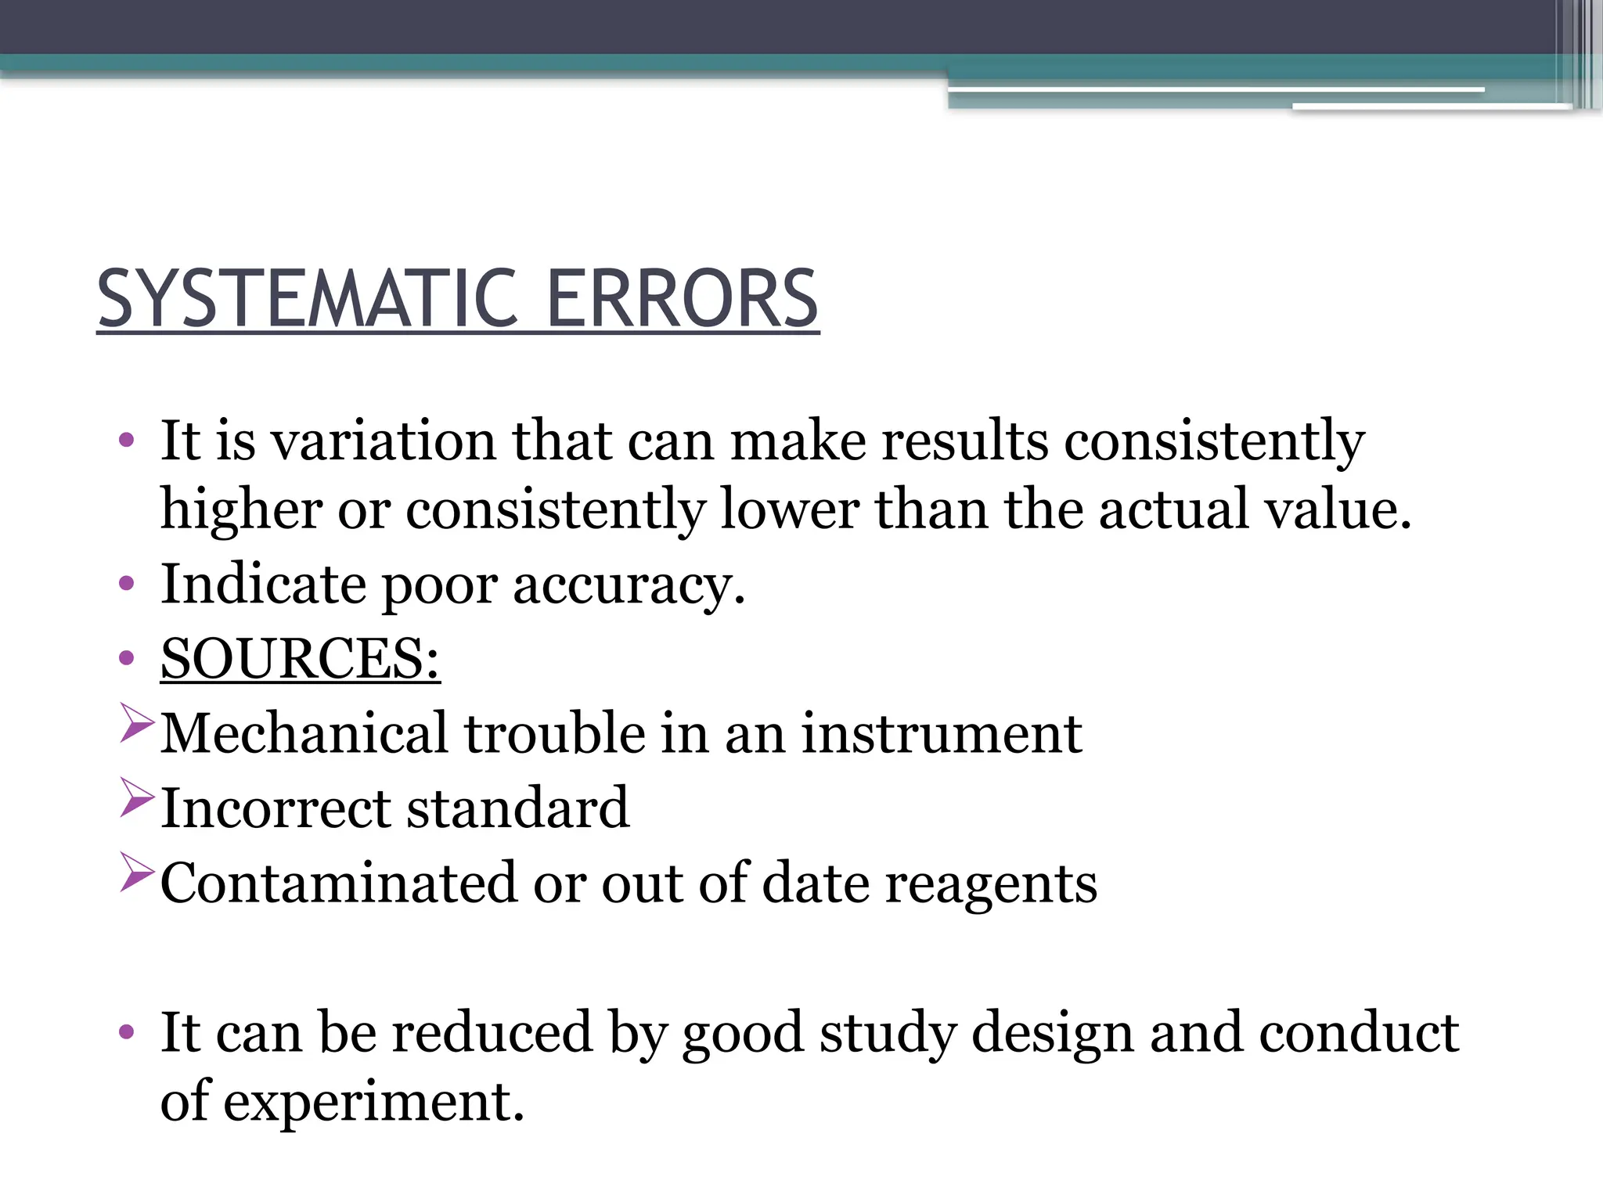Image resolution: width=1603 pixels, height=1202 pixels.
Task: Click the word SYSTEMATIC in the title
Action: (307, 299)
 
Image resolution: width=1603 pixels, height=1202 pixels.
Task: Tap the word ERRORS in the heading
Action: (681, 299)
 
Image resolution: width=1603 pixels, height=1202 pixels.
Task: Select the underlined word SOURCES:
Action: (300, 658)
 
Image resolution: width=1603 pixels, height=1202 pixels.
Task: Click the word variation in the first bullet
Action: (383, 441)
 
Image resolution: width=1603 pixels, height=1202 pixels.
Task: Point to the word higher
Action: (241, 510)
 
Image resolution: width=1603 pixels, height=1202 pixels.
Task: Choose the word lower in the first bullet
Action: (789, 510)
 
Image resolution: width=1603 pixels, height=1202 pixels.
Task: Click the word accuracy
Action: (628, 585)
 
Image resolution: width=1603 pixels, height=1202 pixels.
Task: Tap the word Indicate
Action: (263, 584)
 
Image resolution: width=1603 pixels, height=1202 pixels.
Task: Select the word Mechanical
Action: (304, 733)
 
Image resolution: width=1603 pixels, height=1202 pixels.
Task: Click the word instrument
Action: (941, 733)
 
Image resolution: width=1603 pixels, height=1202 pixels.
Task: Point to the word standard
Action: (517, 808)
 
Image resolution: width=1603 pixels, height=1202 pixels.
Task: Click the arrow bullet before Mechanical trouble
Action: (136, 723)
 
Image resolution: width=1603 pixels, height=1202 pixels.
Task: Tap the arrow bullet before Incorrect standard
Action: (136, 797)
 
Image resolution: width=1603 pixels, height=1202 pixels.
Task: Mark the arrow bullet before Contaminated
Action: (136, 873)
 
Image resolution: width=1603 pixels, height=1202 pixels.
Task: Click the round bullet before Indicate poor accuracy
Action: (126, 584)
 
